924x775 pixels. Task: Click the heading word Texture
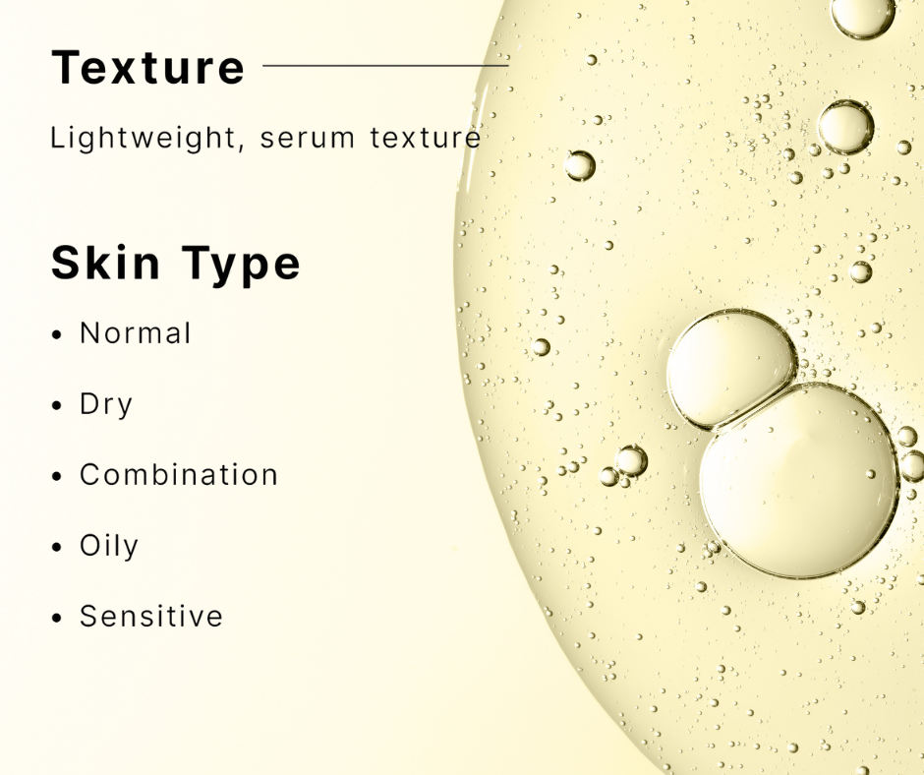(147, 67)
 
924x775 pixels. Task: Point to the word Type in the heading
(241, 265)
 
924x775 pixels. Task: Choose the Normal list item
(136, 333)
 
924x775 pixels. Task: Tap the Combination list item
(179, 475)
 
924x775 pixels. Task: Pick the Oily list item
(109, 547)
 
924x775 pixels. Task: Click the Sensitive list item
(151, 617)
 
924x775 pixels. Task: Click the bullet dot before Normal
(57, 335)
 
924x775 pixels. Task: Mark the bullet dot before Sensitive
(57, 618)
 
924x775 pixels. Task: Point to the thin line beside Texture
(385, 66)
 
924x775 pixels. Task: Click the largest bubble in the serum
(799, 481)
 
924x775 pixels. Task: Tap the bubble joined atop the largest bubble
(731, 368)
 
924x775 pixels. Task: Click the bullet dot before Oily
(57, 548)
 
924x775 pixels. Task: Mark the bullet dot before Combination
(57, 477)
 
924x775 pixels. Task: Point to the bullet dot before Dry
(57, 406)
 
